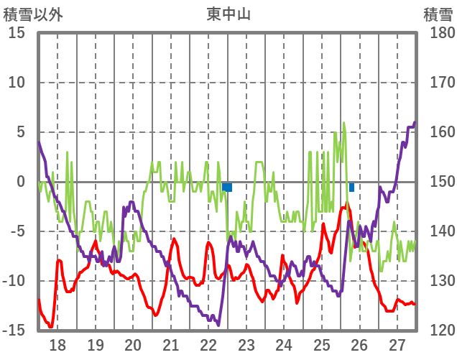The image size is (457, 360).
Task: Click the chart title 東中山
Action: (228, 14)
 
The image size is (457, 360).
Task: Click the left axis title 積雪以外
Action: (32, 14)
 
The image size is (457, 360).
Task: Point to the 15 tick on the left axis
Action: (17, 33)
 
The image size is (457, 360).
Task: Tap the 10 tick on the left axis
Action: (17, 83)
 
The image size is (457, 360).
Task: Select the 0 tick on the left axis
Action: (21, 182)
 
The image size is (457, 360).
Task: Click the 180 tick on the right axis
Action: (439, 33)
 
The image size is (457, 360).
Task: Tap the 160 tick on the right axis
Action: (439, 132)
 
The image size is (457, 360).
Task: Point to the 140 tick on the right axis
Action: (439, 231)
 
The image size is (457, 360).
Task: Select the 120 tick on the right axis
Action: (439, 331)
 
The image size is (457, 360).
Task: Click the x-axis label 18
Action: (57, 344)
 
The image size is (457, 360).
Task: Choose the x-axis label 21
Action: (170, 344)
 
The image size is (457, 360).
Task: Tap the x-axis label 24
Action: (284, 344)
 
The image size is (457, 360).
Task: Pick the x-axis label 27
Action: (397, 344)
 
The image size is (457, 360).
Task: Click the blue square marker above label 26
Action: (351, 188)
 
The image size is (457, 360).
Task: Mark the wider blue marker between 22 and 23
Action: (227, 188)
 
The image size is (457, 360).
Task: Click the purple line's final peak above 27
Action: (415, 123)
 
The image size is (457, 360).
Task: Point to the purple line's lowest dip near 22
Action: (218, 325)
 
